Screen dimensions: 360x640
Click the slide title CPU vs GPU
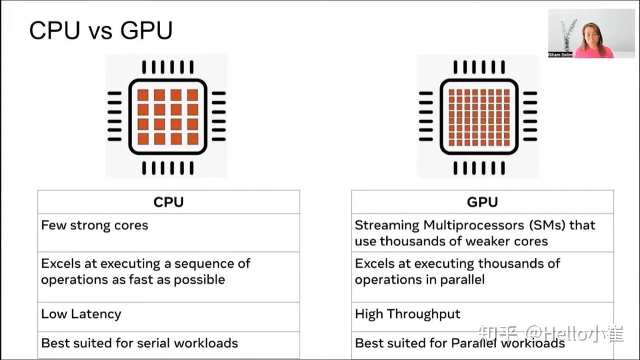[101, 31]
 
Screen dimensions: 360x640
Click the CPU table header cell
[169, 202]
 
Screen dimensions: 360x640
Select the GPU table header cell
[482, 202]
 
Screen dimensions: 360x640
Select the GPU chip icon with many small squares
[478, 116]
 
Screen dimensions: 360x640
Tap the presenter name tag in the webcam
[560, 54]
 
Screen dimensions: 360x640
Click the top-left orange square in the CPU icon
[143, 95]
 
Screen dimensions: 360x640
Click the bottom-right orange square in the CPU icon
[193, 139]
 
